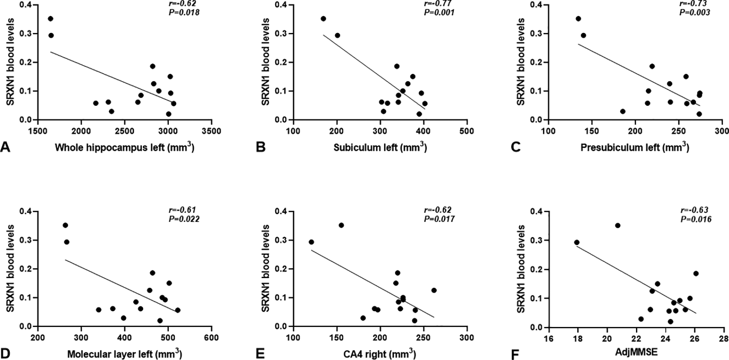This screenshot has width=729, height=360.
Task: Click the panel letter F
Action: pos(516,354)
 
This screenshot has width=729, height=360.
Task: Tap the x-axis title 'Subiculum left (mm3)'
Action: pos(380,148)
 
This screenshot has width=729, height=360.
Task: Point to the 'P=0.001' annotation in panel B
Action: pos(439,12)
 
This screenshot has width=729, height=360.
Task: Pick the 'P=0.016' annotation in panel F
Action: pos(696,219)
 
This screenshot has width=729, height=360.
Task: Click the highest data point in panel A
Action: pos(51,19)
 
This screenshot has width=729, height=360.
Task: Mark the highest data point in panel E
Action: pos(341,225)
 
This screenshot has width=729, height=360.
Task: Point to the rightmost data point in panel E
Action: pos(434,290)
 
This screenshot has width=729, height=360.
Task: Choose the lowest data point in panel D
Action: pos(160,321)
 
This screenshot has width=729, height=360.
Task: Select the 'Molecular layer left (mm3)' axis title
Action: pos(124,354)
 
